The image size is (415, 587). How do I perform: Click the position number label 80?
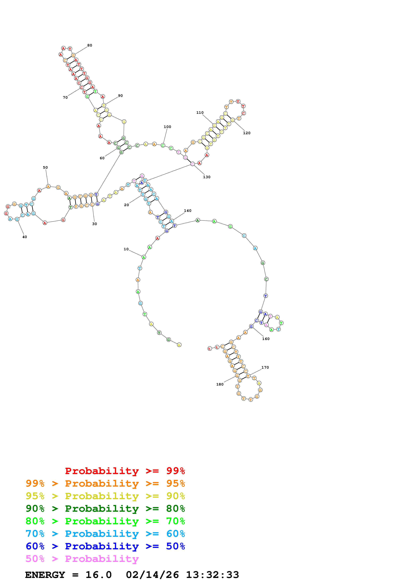point(90,46)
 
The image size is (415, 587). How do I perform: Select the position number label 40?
point(25,237)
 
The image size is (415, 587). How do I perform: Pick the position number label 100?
point(167,127)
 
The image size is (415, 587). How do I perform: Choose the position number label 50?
point(45,167)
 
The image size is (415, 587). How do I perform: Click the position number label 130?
point(207,177)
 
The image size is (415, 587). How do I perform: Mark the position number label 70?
point(65,97)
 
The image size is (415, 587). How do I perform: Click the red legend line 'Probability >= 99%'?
point(125,471)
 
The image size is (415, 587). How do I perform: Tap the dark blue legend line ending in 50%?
point(105,546)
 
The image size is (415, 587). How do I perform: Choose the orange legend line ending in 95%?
point(105,483)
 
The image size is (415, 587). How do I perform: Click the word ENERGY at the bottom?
point(45,575)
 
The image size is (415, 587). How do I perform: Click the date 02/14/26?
point(152,575)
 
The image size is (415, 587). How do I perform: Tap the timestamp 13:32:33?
point(212,575)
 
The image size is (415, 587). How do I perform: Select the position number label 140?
point(187,211)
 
